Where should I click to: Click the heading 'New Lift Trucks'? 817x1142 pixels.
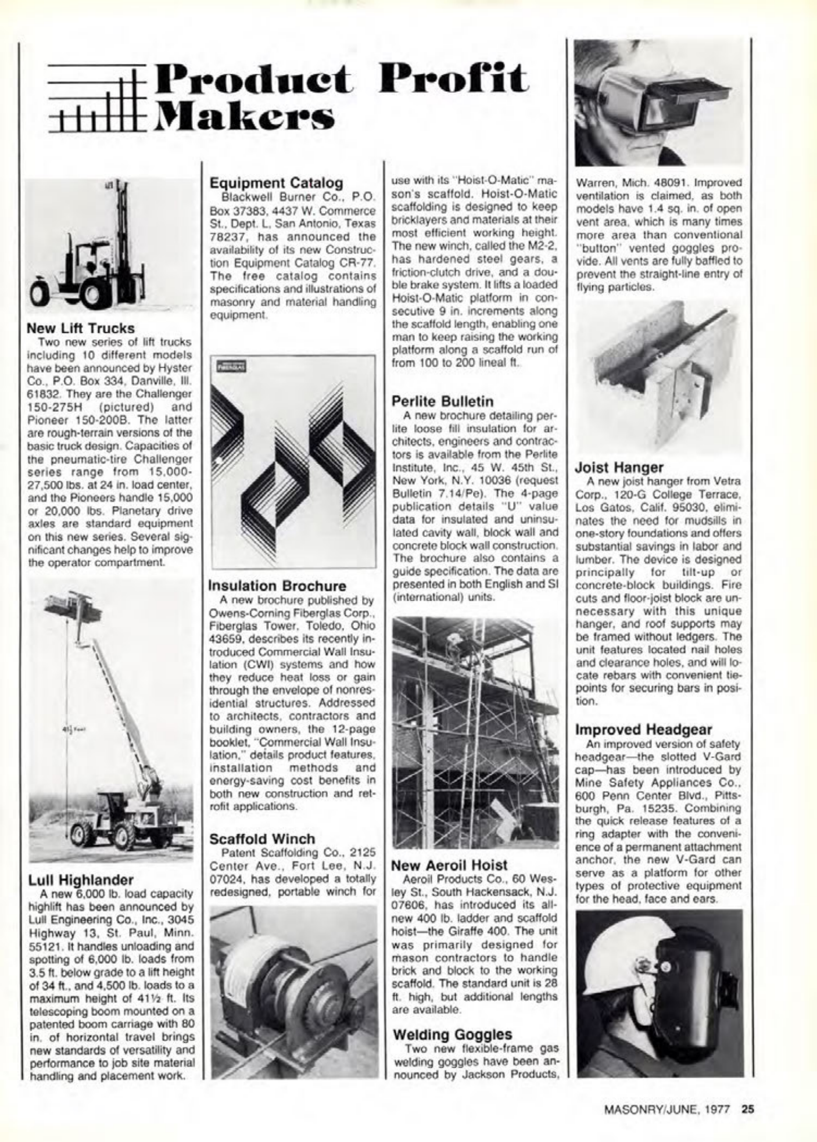tap(81, 328)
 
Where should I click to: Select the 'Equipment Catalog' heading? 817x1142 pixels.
tap(276, 183)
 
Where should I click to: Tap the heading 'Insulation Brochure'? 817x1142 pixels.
tap(277, 586)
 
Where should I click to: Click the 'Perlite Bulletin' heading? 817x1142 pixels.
tap(443, 401)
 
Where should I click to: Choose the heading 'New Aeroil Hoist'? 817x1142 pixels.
tap(450, 865)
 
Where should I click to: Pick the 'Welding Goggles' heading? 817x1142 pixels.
tap(453, 1035)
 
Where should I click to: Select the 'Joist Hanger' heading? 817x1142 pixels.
tap(619, 467)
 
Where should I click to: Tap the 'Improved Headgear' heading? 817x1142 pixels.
tap(643, 730)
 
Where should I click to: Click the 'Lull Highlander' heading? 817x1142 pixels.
tap(81, 880)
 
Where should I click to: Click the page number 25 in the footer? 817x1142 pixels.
tap(747, 1108)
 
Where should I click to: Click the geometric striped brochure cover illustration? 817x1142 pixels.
tap(293, 462)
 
